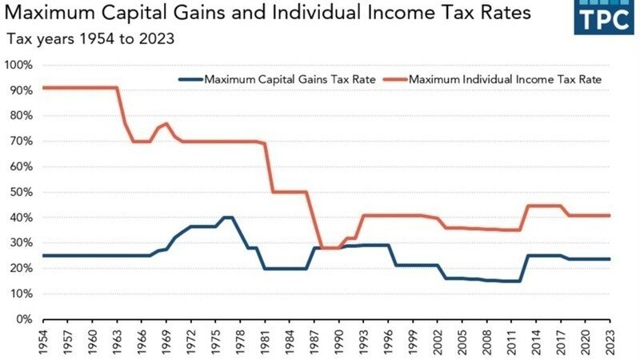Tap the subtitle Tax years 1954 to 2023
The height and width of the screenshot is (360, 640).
[x=90, y=38]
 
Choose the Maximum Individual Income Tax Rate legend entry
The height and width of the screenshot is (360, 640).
[x=505, y=80]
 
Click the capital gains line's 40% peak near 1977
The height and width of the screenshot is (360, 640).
[x=227, y=218]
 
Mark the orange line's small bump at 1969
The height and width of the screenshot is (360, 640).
[x=166, y=123]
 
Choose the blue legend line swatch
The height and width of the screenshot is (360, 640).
[x=190, y=80]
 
